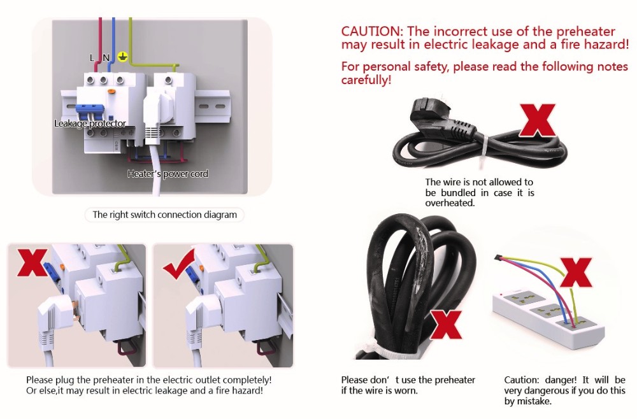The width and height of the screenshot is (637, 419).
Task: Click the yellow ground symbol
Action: coord(123,57)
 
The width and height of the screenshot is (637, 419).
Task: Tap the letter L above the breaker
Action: coord(92,58)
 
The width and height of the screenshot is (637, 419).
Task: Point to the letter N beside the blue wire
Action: coord(106,58)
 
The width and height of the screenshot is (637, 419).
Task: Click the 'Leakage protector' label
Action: coord(90,123)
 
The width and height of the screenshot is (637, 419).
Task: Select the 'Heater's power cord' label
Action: coord(168,174)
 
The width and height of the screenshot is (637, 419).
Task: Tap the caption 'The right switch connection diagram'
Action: coord(164,215)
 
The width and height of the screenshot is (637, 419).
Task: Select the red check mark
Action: coord(179,264)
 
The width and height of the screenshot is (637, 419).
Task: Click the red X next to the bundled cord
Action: coord(538,120)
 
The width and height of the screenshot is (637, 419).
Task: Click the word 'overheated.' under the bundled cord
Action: coord(450,203)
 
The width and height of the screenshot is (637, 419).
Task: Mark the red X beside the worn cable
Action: coord(446,325)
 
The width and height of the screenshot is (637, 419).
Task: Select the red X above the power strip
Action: coord(576,273)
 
